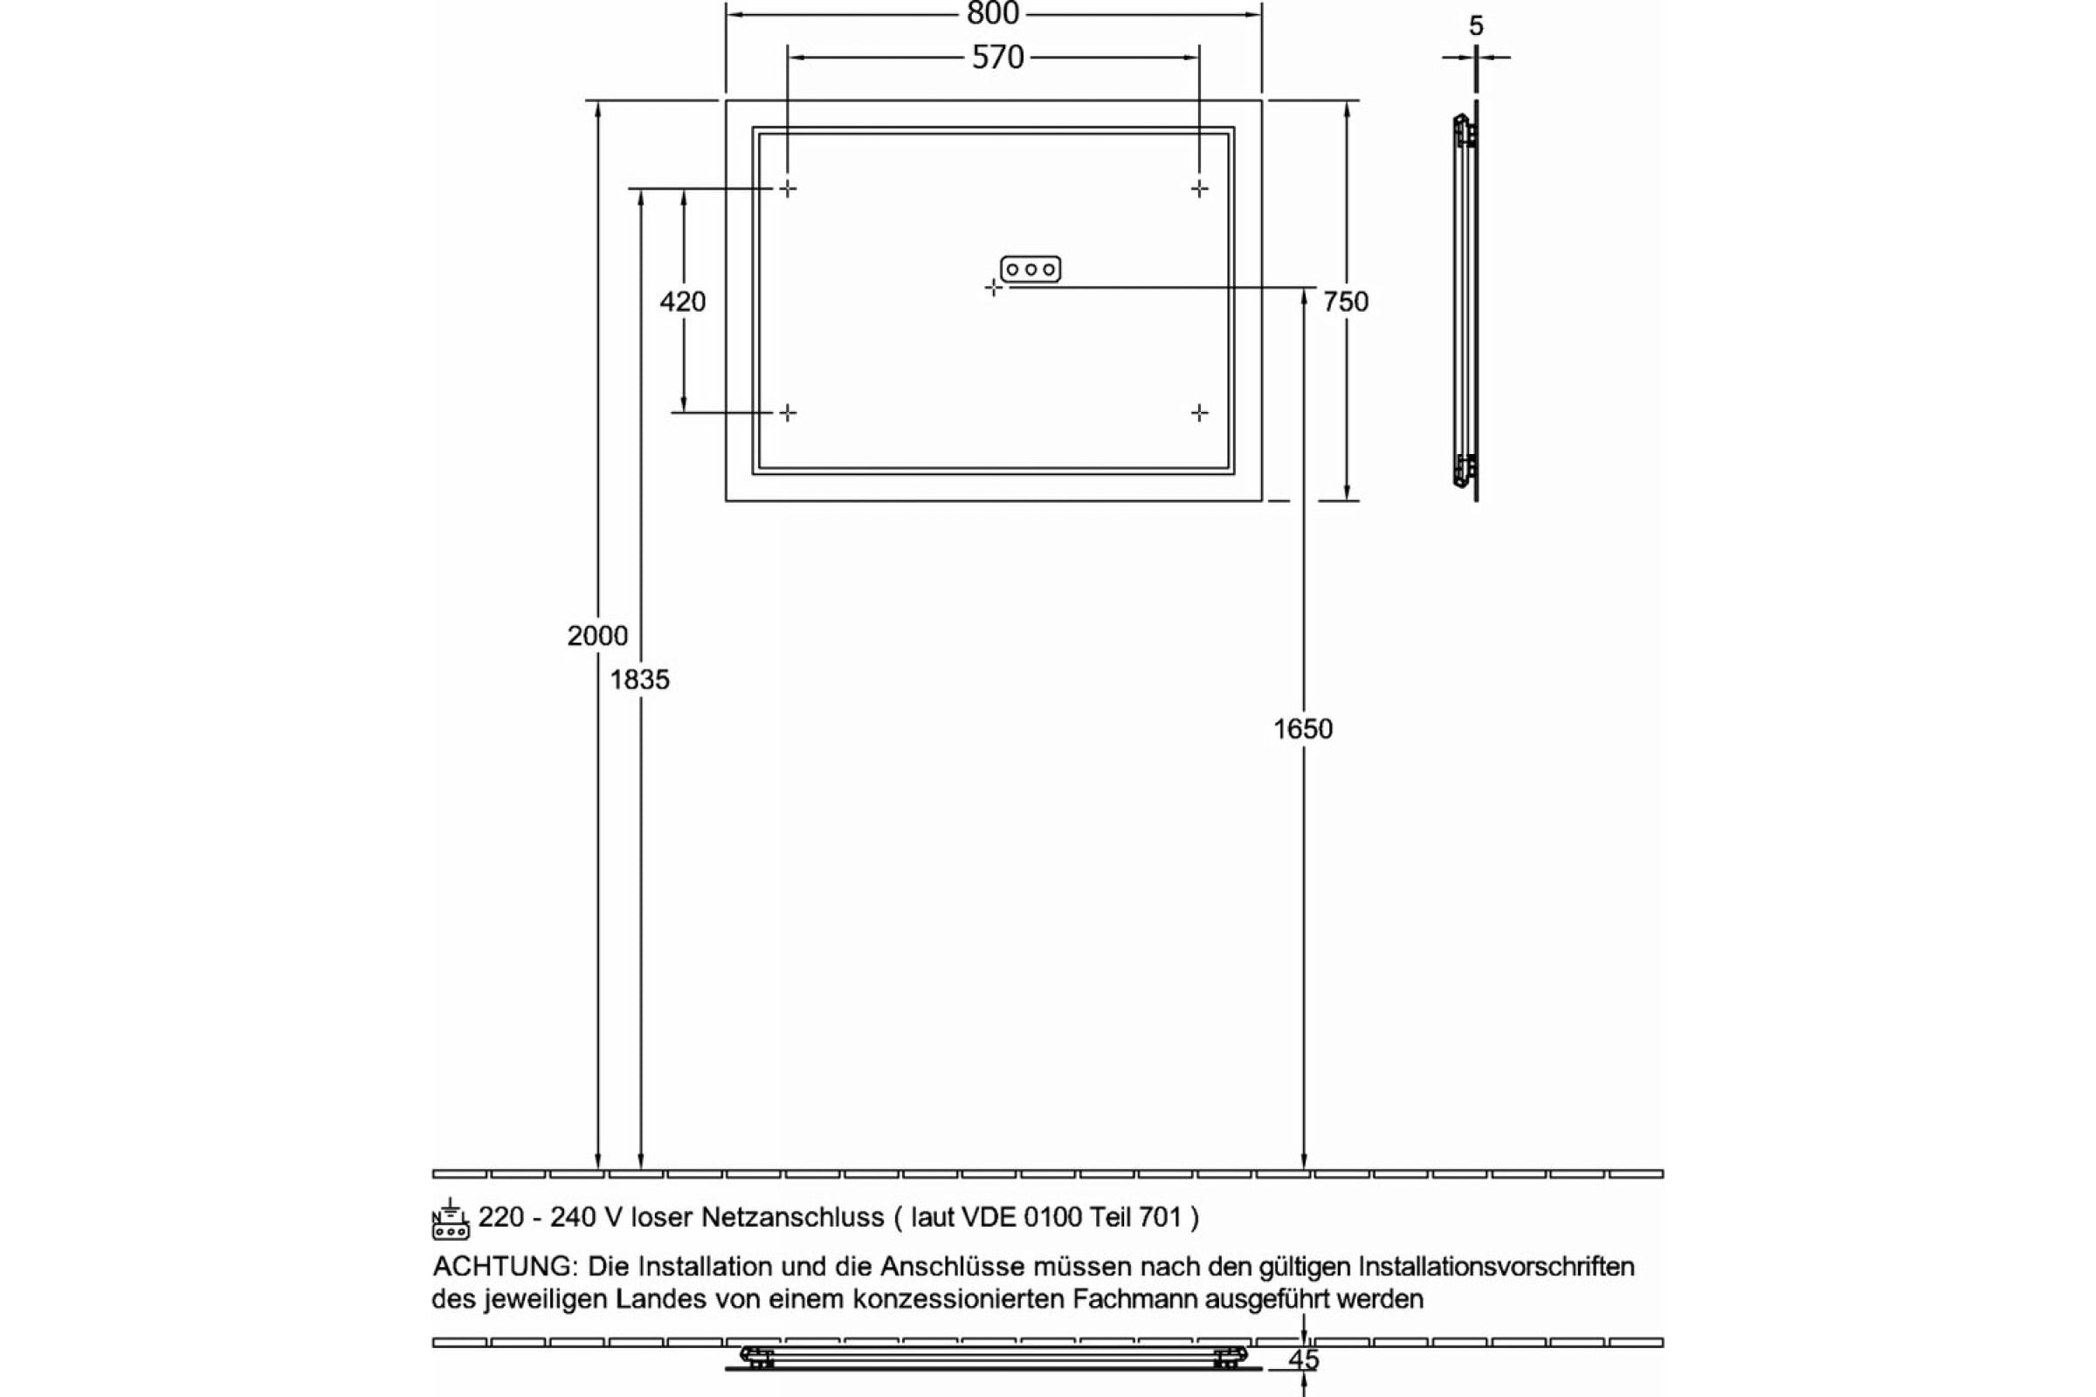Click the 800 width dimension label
[x=993, y=13]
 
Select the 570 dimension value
[x=997, y=58]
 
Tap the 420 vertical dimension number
[x=683, y=302]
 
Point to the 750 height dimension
[x=1346, y=302]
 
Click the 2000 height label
[x=598, y=636]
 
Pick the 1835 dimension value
[x=640, y=680]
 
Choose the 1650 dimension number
[x=1303, y=729]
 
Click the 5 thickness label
[x=1477, y=27]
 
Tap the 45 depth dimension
[x=1304, y=1360]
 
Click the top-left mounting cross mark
[x=788, y=189]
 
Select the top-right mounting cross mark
[x=1199, y=189]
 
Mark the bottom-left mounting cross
[x=788, y=412]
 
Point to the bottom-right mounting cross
[x=1199, y=412]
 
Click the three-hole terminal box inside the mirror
[x=1031, y=269]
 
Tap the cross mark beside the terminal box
[x=994, y=288]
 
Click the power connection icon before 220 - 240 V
[x=451, y=1219]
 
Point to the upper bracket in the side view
[x=1465, y=131]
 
